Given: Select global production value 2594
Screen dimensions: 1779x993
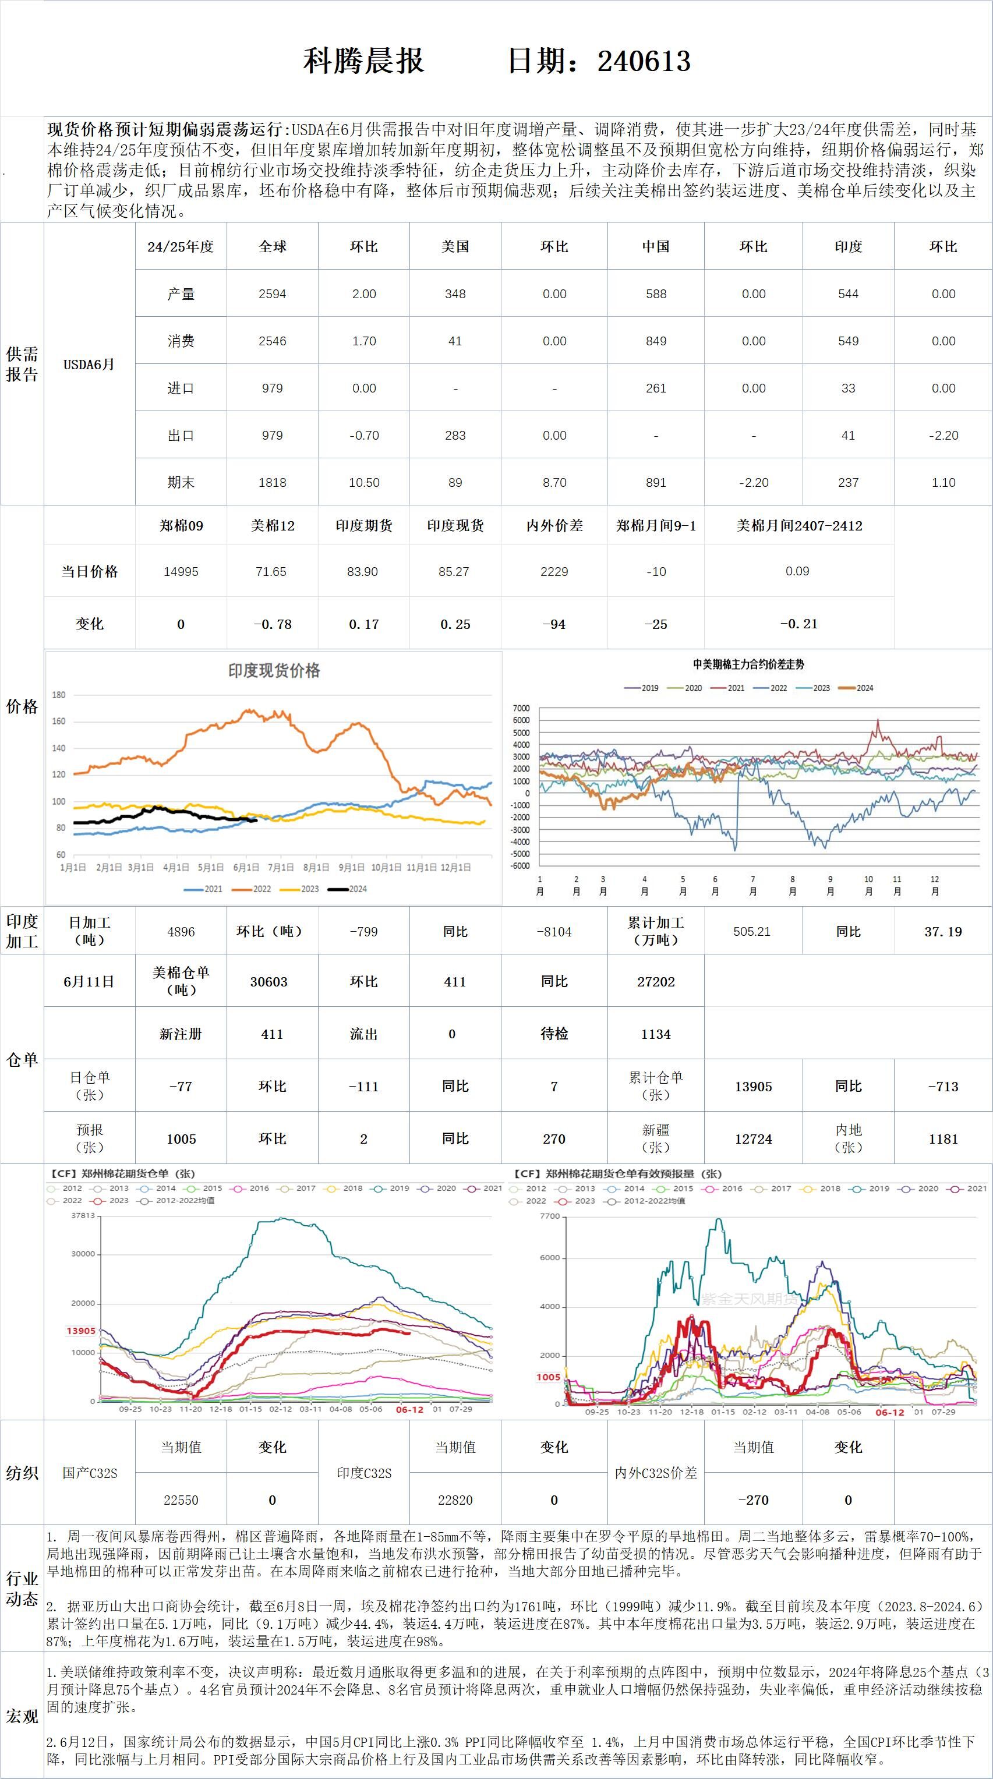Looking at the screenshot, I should [272, 294].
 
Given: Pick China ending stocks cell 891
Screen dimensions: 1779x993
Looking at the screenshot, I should [655, 483].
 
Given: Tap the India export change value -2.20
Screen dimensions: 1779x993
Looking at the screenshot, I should [943, 436].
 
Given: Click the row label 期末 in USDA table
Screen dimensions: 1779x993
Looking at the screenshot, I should [181, 483].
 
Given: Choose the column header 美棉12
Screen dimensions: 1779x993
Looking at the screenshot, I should [272, 526].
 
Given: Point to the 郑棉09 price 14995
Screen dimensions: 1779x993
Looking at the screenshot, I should [181, 572].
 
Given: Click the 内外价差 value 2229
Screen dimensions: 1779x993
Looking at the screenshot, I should [554, 572].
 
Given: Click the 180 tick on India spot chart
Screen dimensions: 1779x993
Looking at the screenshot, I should [59, 695].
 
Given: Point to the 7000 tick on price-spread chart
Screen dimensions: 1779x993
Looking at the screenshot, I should [521, 709].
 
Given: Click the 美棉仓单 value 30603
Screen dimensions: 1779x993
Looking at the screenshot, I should [268, 982].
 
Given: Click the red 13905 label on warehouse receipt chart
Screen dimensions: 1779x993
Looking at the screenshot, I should [81, 1331].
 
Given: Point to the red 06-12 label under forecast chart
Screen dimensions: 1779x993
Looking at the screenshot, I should [889, 1412].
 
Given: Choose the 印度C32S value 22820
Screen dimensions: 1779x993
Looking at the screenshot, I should [455, 1500].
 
